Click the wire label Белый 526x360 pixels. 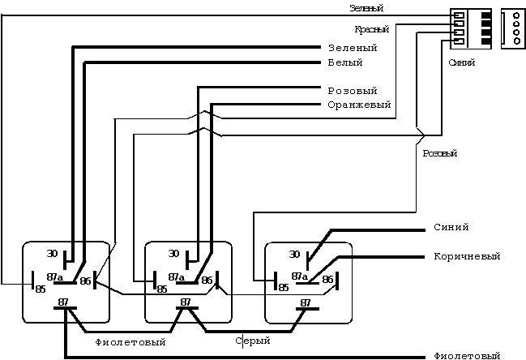[x=344, y=62]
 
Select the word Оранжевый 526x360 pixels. [x=359, y=105]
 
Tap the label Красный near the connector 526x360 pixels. [x=372, y=29]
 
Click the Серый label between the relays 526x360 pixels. [x=252, y=341]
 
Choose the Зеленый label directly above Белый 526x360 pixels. [x=353, y=48]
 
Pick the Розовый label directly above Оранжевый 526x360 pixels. [x=352, y=91]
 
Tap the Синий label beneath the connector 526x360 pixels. [x=461, y=62]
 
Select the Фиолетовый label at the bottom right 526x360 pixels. [x=467, y=356]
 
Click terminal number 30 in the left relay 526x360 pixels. [x=53, y=253]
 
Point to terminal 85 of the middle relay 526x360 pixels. [x=162, y=288]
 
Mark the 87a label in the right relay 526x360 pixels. [x=299, y=276]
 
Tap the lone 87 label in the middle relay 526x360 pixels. [x=186, y=302]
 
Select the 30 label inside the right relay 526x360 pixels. [x=295, y=254]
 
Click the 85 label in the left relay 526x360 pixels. [x=39, y=288]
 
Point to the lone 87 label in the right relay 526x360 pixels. [x=306, y=302]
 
